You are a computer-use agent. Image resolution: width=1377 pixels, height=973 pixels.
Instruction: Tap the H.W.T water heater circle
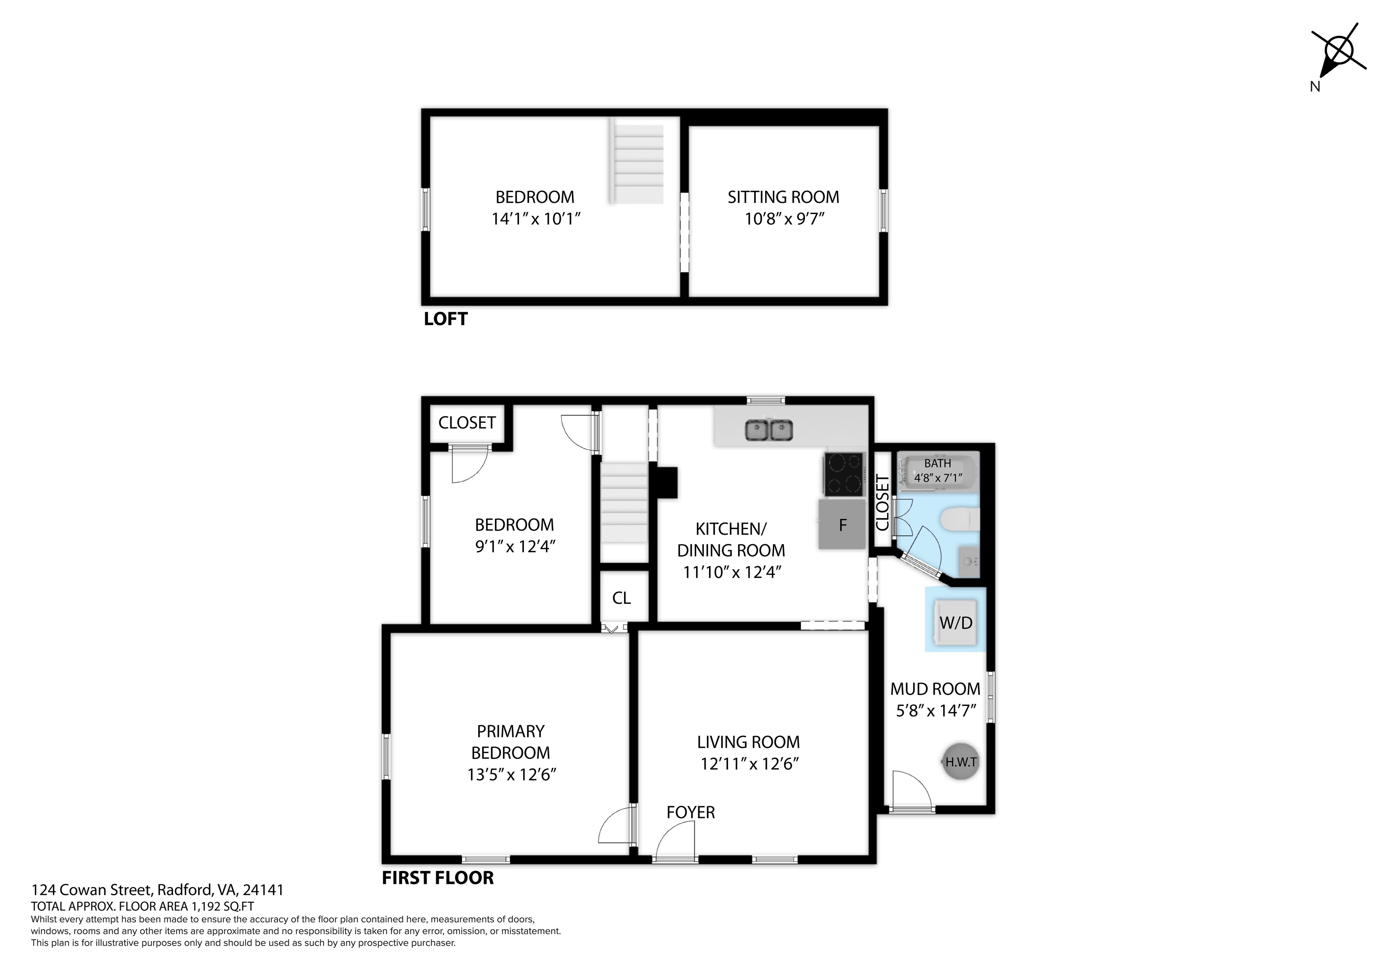click(961, 762)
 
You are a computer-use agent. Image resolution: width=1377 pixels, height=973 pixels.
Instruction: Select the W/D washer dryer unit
click(956, 622)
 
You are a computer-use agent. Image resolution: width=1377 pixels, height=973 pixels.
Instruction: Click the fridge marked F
click(842, 525)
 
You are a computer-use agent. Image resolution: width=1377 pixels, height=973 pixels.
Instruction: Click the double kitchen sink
click(769, 430)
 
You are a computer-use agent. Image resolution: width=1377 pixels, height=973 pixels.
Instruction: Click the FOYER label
click(690, 812)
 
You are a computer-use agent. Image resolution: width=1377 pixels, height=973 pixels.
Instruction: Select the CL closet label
click(621, 598)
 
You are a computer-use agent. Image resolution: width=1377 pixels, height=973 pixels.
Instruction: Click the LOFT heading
click(446, 319)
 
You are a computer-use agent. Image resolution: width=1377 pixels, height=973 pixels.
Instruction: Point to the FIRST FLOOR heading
click(438, 878)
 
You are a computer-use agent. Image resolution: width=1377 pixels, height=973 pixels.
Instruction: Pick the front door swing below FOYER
click(676, 842)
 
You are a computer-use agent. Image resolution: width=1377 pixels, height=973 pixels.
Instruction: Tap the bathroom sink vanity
click(969, 562)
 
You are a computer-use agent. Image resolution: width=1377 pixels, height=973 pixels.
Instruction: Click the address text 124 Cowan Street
click(93, 890)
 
